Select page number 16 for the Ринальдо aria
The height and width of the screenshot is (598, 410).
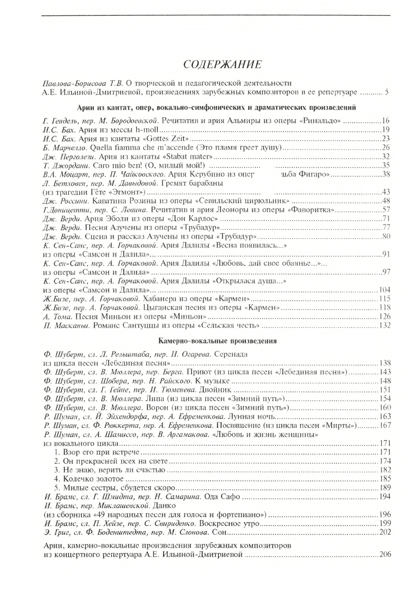coord(386,120)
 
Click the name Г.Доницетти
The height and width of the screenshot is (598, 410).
coord(62,210)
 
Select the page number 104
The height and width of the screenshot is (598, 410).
coord(384,290)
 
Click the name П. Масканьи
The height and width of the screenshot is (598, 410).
coord(61,326)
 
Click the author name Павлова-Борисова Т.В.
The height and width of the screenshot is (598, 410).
coord(82,83)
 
